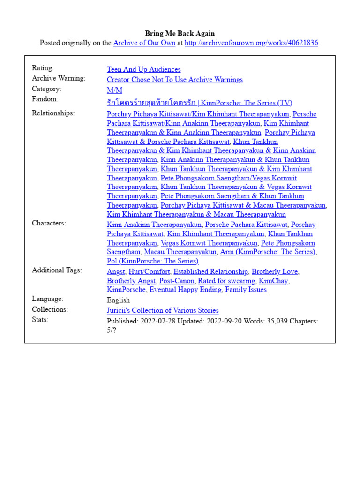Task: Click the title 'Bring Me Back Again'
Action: point(180,33)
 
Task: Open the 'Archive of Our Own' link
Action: point(144,43)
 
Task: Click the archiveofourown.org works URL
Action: point(251,43)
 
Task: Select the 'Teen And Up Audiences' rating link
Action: point(143,69)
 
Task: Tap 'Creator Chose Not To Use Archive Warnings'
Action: point(174,80)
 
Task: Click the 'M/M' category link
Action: point(114,90)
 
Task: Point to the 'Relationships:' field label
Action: point(53,113)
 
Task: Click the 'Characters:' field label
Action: point(49,223)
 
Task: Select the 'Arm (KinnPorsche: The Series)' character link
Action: point(268,252)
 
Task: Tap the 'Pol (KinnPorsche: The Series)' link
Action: point(152,261)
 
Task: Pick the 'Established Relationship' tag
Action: point(210,272)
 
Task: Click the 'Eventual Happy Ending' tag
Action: point(185,290)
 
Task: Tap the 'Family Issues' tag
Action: point(246,290)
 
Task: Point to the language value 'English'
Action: point(118,300)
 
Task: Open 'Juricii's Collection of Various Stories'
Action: point(162,310)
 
